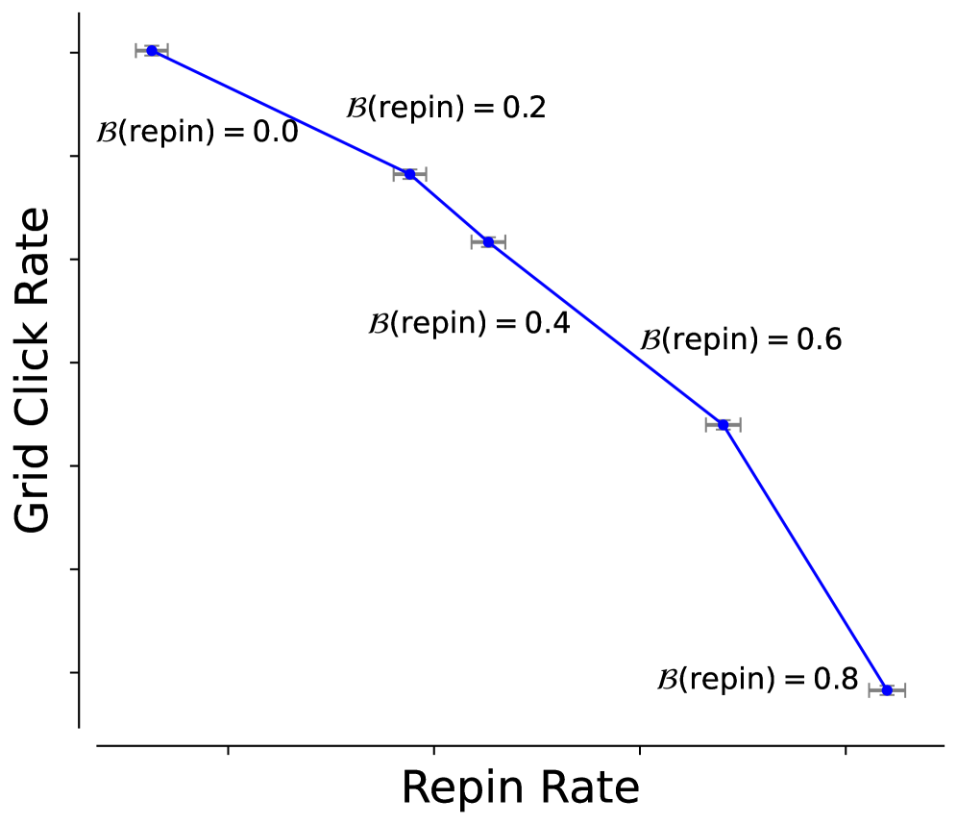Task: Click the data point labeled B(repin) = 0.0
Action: click(x=152, y=50)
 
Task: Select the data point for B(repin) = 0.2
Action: click(x=410, y=174)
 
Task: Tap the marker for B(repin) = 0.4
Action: click(x=488, y=241)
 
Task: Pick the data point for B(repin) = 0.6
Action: click(x=724, y=424)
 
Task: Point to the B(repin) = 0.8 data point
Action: click(x=887, y=689)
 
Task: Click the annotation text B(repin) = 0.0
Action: click(x=197, y=132)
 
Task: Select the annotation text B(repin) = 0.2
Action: click(x=446, y=108)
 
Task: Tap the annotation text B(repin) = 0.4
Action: click(x=469, y=323)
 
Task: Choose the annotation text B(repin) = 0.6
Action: click(x=741, y=339)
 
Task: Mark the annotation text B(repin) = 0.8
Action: click(x=757, y=680)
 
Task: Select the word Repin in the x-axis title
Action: click(x=455, y=788)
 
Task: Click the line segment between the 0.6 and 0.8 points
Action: click(x=805, y=557)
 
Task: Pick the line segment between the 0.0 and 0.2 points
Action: click(x=281, y=112)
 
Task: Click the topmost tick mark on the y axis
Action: click(x=74, y=52)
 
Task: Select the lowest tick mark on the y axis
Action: click(x=74, y=672)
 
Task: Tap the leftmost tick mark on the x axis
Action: click(x=229, y=749)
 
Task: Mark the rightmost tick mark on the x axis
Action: click(x=845, y=749)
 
